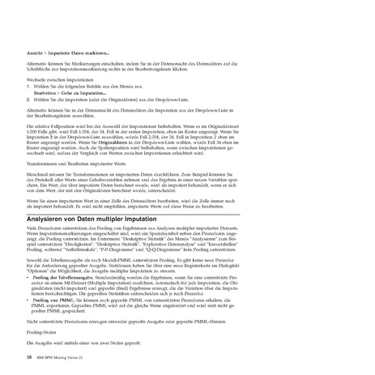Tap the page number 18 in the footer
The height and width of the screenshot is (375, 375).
pos(29,356)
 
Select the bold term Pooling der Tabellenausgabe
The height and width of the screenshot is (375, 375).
pos(68,277)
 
